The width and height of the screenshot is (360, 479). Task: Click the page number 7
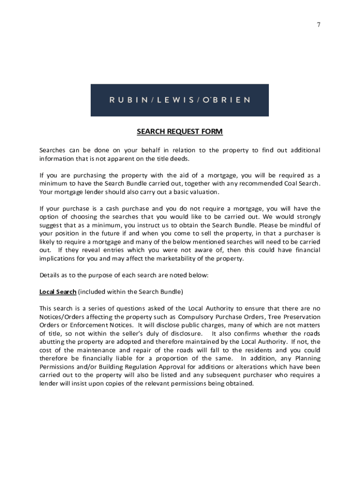tap(318, 24)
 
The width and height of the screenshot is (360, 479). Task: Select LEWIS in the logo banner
tap(173, 100)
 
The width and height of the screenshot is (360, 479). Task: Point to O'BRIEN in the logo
tap(226, 100)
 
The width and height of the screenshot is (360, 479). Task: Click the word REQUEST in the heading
tap(180, 132)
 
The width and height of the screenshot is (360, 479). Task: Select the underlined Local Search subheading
tap(58, 292)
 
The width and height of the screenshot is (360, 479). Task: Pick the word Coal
tap(290, 184)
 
